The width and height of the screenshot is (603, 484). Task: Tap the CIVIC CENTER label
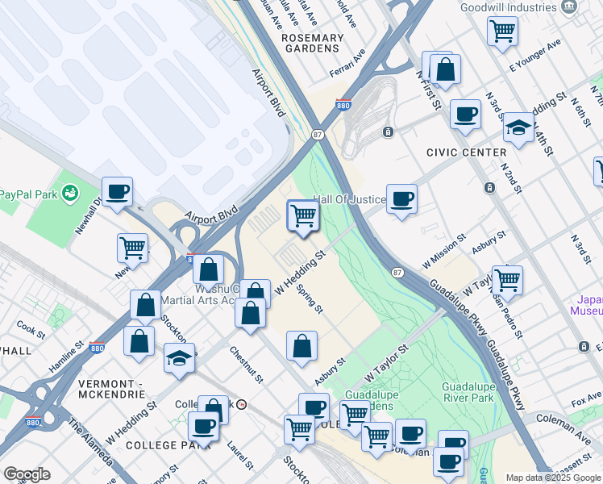(x=468, y=152)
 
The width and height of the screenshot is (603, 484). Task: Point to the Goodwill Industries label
(x=509, y=7)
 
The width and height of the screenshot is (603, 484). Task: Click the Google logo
(x=27, y=474)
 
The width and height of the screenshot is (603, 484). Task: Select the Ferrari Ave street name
(x=347, y=64)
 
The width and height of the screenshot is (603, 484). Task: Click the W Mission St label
(x=444, y=251)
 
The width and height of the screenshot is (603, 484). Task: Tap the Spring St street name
(x=309, y=298)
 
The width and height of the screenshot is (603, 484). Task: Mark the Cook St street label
(x=31, y=330)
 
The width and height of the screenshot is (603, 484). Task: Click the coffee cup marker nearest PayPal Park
(x=118, y=192)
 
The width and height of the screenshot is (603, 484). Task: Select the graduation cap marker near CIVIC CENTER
(x=519, y=127)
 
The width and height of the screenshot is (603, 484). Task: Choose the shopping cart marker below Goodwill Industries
(x=503, y=31)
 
